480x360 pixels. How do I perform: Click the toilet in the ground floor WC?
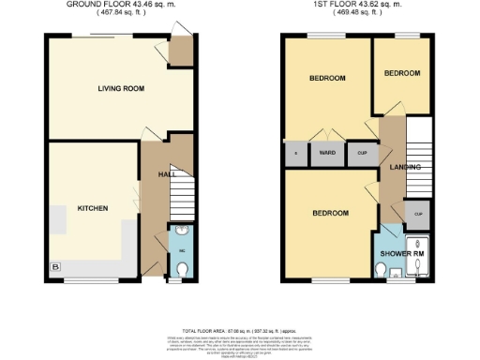pyautogui.click(x=182, y=269)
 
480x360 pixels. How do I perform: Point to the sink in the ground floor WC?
pyautogui.click(x=181, y=233)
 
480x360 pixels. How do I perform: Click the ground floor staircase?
pyautogui.click(x=181, y=201)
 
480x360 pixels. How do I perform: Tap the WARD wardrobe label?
pyautogui.click(x=327, y=152)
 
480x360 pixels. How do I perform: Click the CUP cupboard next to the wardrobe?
pyautogui.click(x=361, y=152)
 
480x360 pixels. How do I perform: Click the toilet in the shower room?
pyautogui.click(x=381, y=271)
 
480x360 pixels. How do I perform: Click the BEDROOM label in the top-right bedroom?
pyautogui.click(x=402, y=73)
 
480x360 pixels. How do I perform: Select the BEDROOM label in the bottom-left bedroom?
pyautogui.click(x=330, y=214)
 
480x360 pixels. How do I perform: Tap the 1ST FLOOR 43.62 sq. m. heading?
pyautogui.click(x=357, y=5)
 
